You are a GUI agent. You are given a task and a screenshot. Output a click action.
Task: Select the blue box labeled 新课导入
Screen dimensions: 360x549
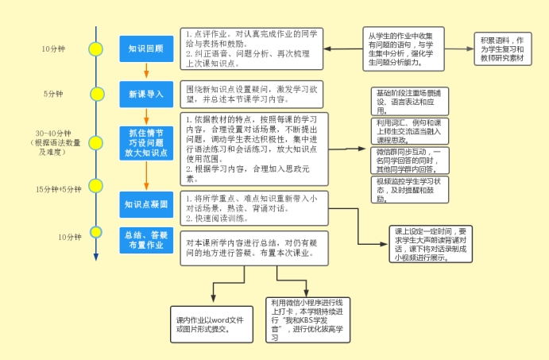pyautogui.click(x=145, y=95)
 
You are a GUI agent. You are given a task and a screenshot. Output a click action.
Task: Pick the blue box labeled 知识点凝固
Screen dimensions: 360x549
pyautogui.click(x=145, y=204)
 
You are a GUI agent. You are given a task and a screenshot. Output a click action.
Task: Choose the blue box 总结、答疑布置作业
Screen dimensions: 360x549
pyautogui.click(x=145, y=239)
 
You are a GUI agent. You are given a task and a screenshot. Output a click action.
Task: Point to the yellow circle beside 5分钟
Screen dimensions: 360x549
pyautogui.click(x=96, y=93)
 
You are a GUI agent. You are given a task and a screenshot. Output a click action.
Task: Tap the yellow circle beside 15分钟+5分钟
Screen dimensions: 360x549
pyautogui.click(x=96, y=190)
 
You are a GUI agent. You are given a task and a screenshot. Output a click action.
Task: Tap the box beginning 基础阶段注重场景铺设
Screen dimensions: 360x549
pyautogui.click(x=410, y=102)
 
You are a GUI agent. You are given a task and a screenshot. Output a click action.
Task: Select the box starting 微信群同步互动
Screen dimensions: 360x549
pyautogui.click(x=410, y=159)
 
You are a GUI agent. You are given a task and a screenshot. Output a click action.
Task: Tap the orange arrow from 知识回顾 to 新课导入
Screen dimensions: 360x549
pyautogui.click(x=145, y=71)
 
